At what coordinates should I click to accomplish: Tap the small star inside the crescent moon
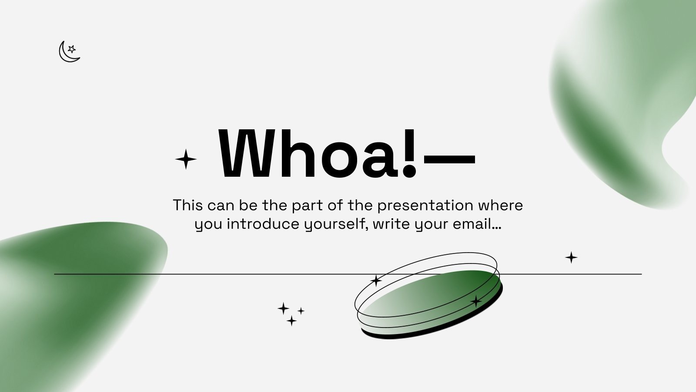click(72, 49)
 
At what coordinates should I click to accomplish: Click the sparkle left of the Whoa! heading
click(186, 159)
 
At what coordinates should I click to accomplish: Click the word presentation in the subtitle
click(425, 205)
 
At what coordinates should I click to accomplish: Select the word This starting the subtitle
click(188, 205)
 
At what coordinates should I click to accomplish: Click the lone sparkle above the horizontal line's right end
click(571, 257)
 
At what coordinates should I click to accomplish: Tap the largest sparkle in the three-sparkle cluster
click(284, 309)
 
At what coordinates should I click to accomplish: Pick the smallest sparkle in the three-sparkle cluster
click(301, 311)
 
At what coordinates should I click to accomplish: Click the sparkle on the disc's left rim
click(376, 280)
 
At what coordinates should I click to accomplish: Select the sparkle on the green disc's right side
click(476, 301)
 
